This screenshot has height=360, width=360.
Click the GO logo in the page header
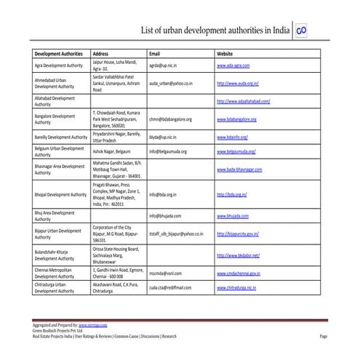pos(301,32)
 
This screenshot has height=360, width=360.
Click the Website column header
pos(226,54)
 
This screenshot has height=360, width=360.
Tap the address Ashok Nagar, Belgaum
pos(113,151)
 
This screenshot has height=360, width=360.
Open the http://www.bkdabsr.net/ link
pos(239,256)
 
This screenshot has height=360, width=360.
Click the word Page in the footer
pos(324,337)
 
